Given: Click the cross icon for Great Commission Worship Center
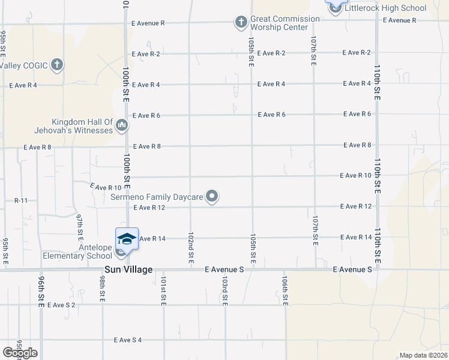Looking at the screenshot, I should (x=241, y=23).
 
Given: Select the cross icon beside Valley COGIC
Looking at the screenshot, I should (x=57, y=65).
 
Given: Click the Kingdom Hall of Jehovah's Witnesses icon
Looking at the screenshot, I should (x=122, y=126).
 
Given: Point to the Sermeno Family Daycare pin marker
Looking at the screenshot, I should (x=212, y=196).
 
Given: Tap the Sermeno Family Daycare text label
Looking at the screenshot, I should (x=158, y=196).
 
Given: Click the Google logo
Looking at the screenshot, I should (x=20, y=353).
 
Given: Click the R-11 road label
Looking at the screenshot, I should (x=21, y=200).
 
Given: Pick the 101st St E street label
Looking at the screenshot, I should (x=163, y=290).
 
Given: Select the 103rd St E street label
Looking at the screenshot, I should (x=224, y=291).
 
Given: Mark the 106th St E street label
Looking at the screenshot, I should (x=285, y=291).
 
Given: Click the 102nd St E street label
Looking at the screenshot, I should (x=190, y=248).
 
